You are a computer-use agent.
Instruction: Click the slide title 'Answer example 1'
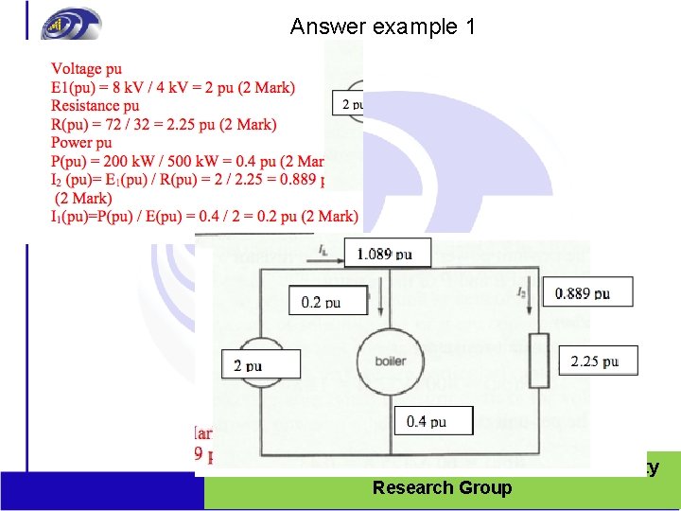point(382,26)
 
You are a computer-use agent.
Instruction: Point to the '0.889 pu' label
point(583,293)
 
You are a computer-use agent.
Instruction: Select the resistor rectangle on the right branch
point(539,361)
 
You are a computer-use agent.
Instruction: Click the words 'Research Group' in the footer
point(442,488)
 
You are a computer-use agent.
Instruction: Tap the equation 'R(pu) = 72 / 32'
point(164,125)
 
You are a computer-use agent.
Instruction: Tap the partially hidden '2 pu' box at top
point(348,104)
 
